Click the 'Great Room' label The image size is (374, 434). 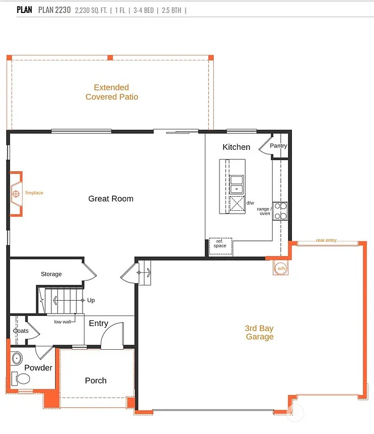coord(111,198)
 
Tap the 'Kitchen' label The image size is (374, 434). coord(236,147)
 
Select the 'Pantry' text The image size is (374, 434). coord(278,146)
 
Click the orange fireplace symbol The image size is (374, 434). coord(16,193)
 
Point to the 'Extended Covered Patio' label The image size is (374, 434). coord(111,92)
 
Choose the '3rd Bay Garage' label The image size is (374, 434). coord(259,332)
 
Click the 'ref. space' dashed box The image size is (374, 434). coord(220,244)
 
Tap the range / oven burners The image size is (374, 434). coord(280,210)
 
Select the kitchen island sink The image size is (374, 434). coord(237,184)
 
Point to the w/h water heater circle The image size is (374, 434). coord(281,268)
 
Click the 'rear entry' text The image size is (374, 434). coord(326,240)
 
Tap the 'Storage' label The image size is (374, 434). coord(51,274)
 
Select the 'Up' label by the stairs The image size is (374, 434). coord(91,300)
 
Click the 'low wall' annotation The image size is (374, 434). coord(62,322)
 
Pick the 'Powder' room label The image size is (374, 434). coord(38,367)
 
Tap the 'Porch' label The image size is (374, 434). coord(96,380)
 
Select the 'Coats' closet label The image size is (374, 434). coord(21,331)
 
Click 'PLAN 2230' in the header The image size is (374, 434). coord(54,10)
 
